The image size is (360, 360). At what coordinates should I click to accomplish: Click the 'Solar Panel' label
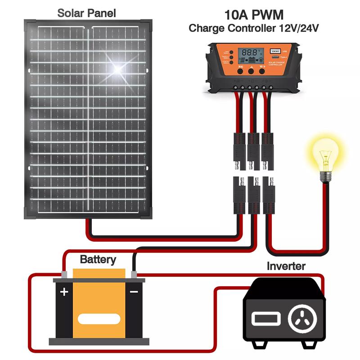point(86,13)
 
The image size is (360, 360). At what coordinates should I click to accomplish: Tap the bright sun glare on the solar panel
point(118,68)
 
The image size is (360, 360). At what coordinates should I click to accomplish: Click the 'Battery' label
point(98,260)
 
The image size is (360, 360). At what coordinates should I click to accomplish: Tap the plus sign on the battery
point(64,292)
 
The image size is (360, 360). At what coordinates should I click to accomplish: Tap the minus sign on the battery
point(134,292)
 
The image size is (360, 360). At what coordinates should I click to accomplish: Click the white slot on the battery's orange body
point(99,319)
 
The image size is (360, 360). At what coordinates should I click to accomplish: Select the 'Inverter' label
point(286,265)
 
